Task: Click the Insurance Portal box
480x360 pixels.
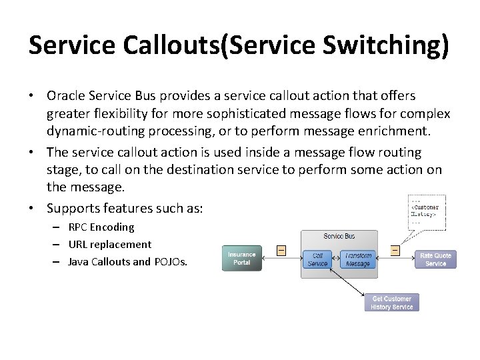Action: pyautogui.click(x=241, y=259)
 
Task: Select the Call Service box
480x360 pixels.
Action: pyautogui.click(x=317, y=259)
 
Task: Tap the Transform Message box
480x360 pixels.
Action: pyautogui.click(x=358, y=259)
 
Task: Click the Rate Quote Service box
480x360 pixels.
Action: pyautogui.click(x=436, y=259)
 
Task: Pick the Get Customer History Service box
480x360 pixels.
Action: pyautogui.click(x=392, y=303)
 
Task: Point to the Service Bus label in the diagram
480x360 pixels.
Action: pyautogui.click(x=339, y=237)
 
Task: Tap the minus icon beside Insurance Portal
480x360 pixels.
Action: pyautogui.click(x=281, y=251)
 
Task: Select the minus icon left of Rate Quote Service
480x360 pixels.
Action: pyautogui.click(x=395, y=251)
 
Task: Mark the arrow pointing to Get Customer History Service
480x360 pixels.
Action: pyautogui.click(x=357, y=290)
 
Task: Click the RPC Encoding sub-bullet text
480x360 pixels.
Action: pyautogui.click(x=101, y=227)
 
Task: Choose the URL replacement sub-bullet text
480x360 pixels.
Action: pyautogui.click(x=110, y=244)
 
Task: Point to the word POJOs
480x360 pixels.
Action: pyautogui.click(x=171, y=261)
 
